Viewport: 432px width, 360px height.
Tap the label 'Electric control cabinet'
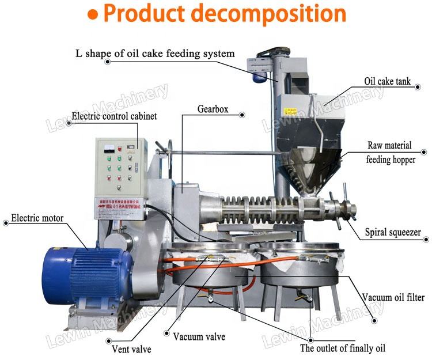[114, 116]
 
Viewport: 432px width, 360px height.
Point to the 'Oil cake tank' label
[387, 82]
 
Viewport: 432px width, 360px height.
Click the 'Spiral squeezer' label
[393, 233]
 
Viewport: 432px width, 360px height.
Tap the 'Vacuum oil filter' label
[393, 298]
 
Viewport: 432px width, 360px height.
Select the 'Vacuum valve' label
[199, 337]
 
